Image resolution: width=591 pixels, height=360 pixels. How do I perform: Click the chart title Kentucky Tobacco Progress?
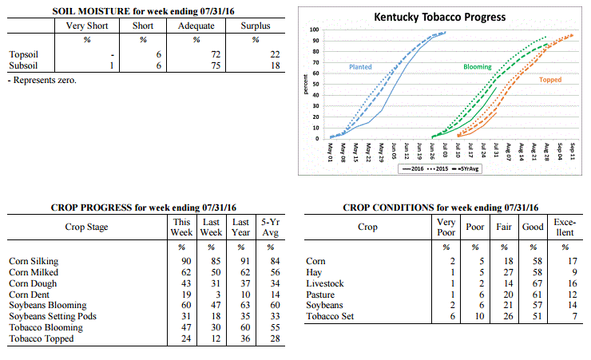tap(439, 18)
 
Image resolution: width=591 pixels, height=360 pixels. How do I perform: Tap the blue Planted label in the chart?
tap(360, 67)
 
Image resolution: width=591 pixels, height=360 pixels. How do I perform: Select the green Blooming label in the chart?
tap(477, 67)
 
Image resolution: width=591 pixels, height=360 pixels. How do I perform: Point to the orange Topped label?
tap(550, 80)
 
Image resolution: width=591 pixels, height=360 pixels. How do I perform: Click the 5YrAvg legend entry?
tap(467, 168)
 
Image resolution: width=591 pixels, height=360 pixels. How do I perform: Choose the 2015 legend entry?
tap(437, 168)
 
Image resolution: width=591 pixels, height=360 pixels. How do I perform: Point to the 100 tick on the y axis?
tap(314, 30)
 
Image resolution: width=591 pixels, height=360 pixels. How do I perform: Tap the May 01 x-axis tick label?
tap(330, 152)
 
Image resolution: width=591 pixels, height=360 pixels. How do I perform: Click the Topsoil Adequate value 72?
tap(216, 54)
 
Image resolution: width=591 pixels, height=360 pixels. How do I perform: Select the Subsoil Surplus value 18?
tap(276, 65)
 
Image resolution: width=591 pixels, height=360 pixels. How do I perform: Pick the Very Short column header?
tap(87, 26)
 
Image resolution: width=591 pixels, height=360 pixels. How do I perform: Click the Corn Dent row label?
tap(29, 295)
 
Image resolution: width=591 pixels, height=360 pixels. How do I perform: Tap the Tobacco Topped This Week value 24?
tap(186, 338)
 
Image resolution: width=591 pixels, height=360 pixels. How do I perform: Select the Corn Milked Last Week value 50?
tap(216, 272)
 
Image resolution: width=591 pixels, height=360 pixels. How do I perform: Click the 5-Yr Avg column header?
tap(271, 227)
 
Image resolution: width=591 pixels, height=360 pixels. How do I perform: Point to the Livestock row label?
tap(325, 283)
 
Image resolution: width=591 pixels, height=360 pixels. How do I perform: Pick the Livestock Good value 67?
tap(537, 283)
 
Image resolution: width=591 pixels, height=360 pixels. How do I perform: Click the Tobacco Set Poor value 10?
tap(479, 316)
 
